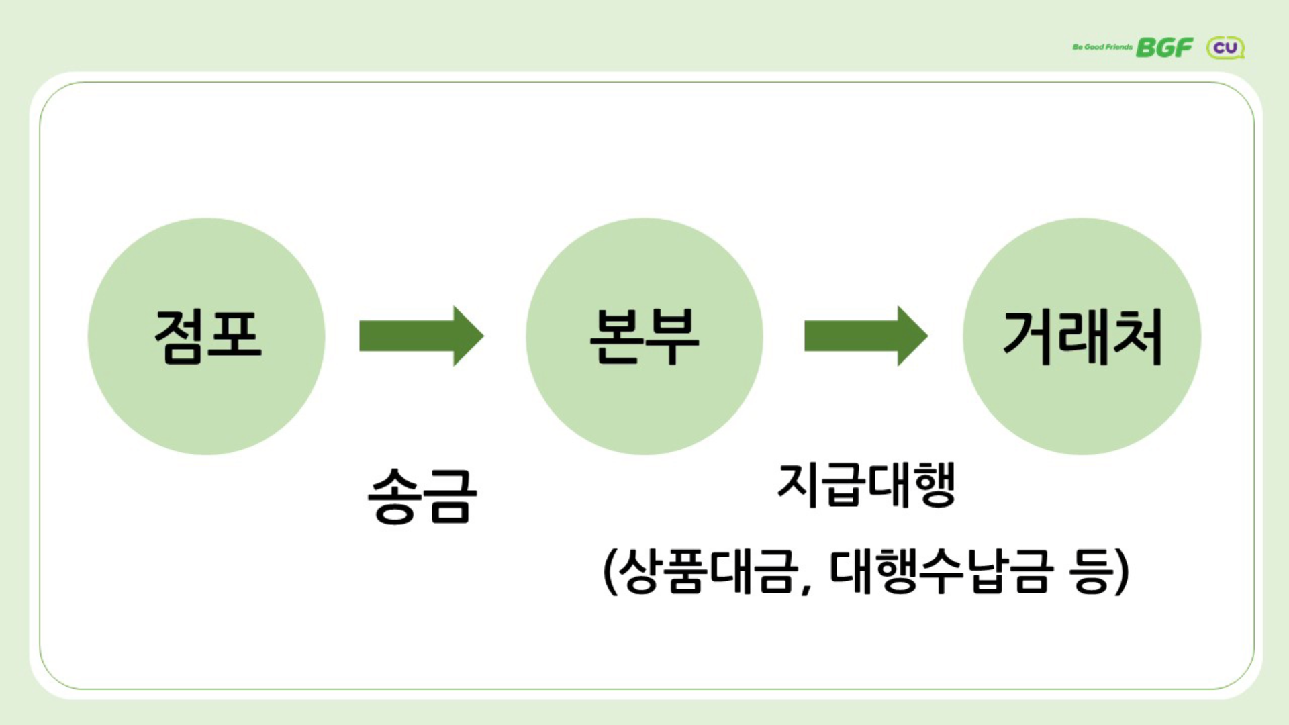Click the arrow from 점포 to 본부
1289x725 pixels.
pyautogui.click(x=421, y=336)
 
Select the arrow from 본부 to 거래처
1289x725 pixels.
pyautogui.click(x=865, y=336)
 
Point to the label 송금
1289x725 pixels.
pyautogui.click(x=422, y=495)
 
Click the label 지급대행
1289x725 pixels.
pyautogui.click(x=866, y=484)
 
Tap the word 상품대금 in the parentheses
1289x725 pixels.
pyautogui.click(x=709, y=572)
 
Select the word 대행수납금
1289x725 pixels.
pyautogui.click(x=940, y=572)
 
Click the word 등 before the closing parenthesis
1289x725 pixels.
pyautogui.click(x=1092, y=572)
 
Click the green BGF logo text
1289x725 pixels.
pyautogui.click(x=1164, y=48)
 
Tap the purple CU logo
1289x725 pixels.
pyautogui.click(x=1225, y=48)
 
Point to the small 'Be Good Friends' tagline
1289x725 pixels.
pyautogui.click(x=1102, y=47)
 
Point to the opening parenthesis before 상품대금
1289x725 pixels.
pyautogui.click(x=610, y=572)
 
